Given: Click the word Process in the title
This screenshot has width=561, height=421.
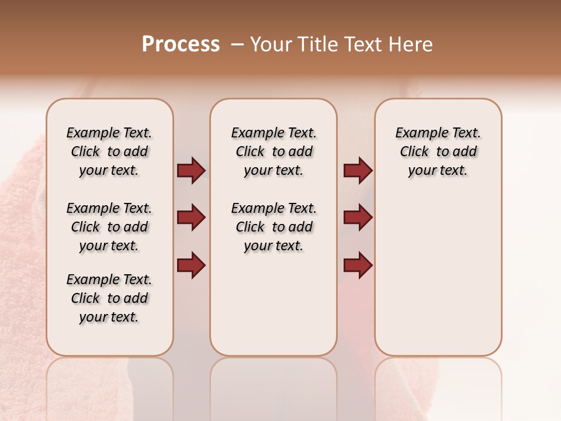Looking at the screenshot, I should (181, 44).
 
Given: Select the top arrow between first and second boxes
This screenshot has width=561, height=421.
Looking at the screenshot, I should (191, 170).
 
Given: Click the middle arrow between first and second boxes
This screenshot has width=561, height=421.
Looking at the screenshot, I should (191, 218).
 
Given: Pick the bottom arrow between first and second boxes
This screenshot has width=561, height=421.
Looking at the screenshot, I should (191, 265).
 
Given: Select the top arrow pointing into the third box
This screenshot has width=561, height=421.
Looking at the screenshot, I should (358, 170).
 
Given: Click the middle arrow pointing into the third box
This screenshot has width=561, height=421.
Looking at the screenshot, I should (358, 218).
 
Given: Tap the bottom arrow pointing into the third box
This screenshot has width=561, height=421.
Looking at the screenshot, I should (358, 265).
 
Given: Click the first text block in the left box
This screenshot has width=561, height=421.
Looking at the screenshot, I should (109, 151).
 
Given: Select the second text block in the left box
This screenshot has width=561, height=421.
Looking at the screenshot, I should (109, 227).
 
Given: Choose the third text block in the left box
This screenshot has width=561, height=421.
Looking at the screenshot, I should (109, 298).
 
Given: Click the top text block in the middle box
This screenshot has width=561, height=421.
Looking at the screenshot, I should (273, 151).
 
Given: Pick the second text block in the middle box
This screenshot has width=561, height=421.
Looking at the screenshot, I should (273, 227).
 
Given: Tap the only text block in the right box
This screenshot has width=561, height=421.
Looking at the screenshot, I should (438, 151).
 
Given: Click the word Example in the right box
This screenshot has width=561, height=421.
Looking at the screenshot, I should (420, 133).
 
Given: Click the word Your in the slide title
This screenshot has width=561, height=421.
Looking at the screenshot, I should (270, 44).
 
